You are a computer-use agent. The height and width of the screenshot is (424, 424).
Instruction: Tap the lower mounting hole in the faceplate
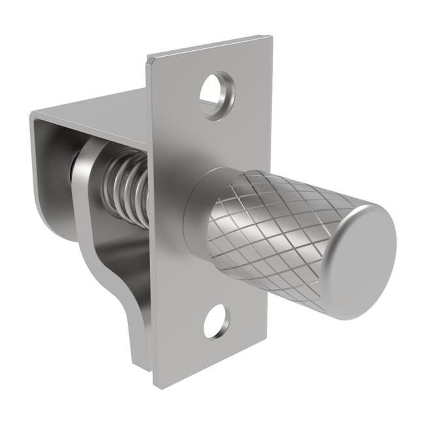[x=216, y=321]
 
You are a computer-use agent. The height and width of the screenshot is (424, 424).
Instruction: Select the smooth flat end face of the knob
[x=365, y=261]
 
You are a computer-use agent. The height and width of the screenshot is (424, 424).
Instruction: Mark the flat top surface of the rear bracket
[x=98, y=111]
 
